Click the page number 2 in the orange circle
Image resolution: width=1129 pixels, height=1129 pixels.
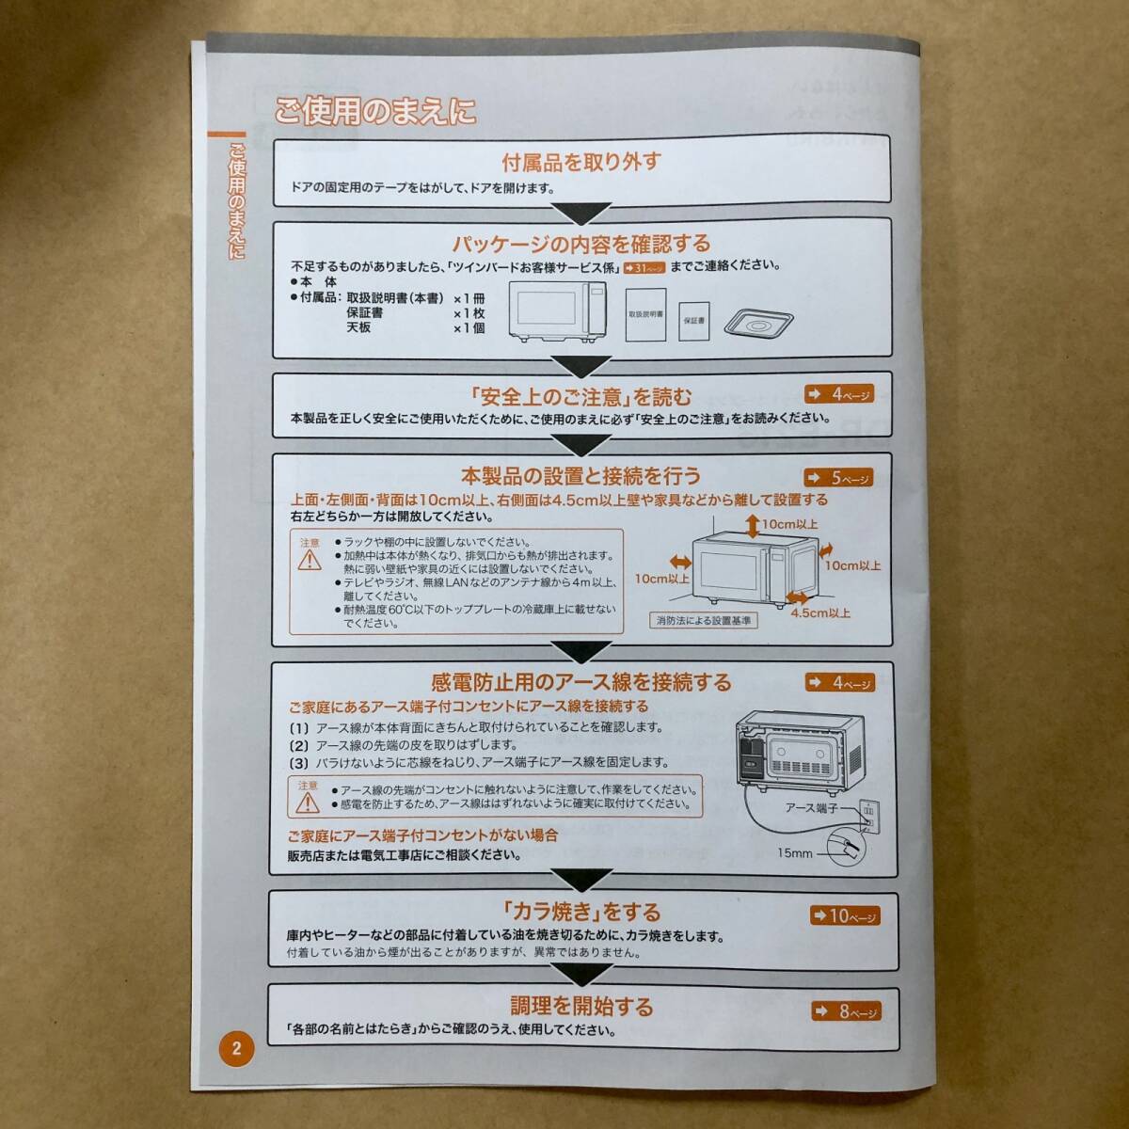click(x=237, y=1048)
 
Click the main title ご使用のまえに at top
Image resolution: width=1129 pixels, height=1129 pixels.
click(x=375, y=111)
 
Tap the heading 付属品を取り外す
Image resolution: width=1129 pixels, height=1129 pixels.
click(x=581, y=162)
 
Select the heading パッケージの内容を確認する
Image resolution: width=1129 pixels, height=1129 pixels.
click(x=581, y=243)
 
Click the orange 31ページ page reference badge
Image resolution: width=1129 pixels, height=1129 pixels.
click(x=644, y=268)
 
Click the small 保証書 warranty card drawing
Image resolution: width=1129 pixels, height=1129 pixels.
click(x=694, y=321)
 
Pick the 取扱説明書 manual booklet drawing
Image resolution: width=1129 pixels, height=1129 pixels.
click(x=645, y=314)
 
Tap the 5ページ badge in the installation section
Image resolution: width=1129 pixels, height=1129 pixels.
click(x=839, y=478)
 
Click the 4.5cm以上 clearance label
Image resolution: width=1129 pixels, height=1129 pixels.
click(x=820, y=613)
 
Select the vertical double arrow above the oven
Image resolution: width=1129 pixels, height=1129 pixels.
click(x=754, y=526)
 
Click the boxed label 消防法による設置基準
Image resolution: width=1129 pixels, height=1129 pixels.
click(x=703, y=620)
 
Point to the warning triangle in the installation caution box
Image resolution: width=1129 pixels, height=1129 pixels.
click(x=310, y=561)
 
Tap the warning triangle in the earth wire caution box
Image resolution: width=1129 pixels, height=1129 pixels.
click(x=308, y=803)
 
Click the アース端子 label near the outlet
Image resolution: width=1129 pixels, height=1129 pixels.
click(x=811, y=808)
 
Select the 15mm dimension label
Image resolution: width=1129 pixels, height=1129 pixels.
click(x=795, y=853)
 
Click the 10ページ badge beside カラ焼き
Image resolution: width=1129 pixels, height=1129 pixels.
click(x=845, y=915)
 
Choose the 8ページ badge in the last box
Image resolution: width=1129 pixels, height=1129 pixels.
click(x=847, y=1011)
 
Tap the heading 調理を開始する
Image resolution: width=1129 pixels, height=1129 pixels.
click(x=581, y=1006)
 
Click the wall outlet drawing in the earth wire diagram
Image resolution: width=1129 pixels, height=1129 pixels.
click(x=869, y=817)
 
